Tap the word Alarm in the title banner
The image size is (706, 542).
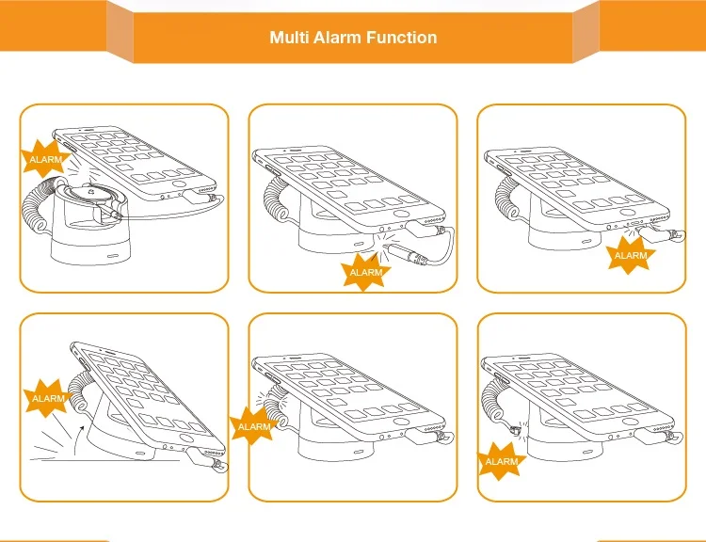pyautogui.click(x=340, y=39)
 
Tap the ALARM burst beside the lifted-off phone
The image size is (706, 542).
pyautogui.click(x=45, y=160)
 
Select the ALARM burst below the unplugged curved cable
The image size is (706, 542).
pyautogui.click(x=365, y=271)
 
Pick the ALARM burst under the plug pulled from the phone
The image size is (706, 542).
pyautogui.click(x=630, y=254)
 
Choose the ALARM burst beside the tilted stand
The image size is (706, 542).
pyautogui.click(x=48, y=398)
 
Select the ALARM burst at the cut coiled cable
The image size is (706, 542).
pyautogui.click(x=254, y=425)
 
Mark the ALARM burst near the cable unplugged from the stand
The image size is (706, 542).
pyautogui.click(x=501, y=461)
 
